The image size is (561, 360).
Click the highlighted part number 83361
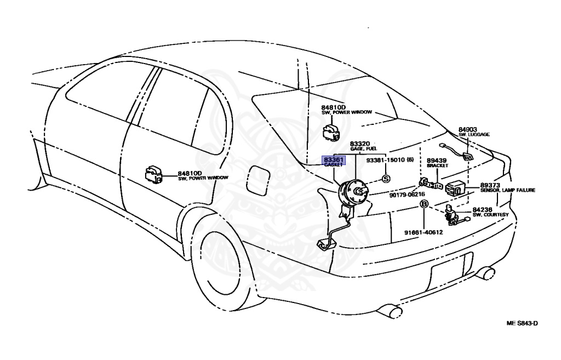pos(333,159)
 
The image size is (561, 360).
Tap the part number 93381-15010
pos(386,161)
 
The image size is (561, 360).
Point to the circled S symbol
pos(386,179)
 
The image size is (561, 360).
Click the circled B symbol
pos(423,204)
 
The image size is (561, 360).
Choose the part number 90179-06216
pos(407,195)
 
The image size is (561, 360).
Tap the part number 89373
pos(490,185)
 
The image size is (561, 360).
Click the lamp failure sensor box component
pos(456,188)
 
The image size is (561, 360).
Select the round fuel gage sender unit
pos(352,193)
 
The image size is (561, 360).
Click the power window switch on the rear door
pos(153,174)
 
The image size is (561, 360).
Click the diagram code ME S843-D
pos(522,323)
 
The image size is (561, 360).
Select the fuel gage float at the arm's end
pos(325,244)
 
